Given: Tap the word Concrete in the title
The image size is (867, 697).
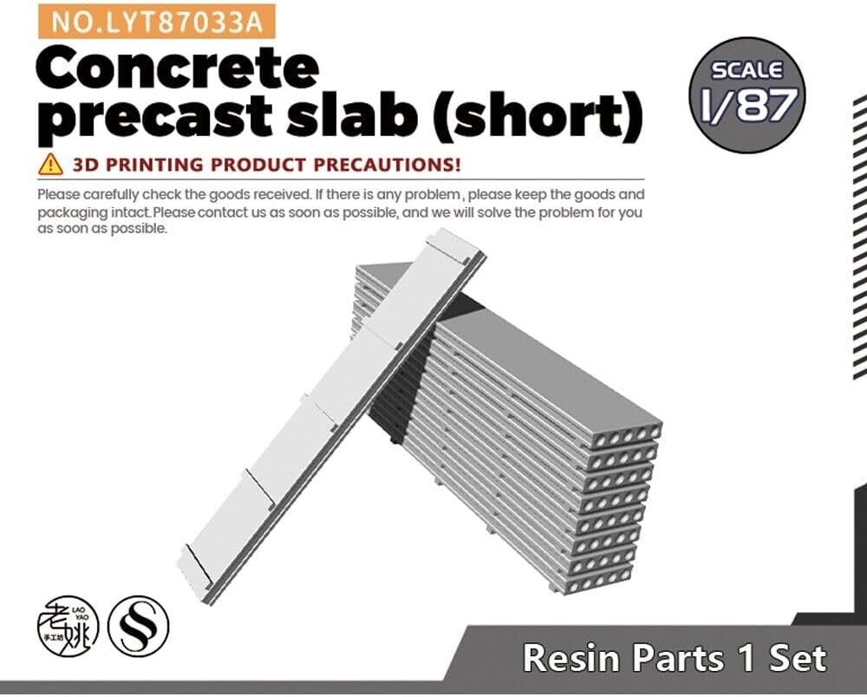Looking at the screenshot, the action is pos(178,68).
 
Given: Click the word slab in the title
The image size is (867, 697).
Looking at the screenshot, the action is pos(352,114).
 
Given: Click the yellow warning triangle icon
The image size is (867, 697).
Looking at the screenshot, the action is pos(50,164).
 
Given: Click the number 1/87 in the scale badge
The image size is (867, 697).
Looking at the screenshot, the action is pos(749,105).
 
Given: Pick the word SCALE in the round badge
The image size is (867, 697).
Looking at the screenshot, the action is pos(747,70).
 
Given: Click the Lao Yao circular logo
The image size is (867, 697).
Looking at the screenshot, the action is pos(68,626).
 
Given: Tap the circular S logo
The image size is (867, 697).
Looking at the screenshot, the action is pos(138,626).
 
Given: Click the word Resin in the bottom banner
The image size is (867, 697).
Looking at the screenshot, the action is pos(571,658).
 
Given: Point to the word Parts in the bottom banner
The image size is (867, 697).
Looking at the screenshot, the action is pos(678,658).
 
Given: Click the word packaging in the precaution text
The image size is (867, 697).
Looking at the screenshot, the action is pos(72,212).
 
